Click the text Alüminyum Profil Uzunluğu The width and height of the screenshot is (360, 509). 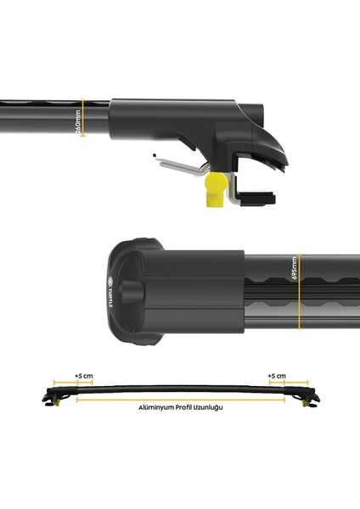[179, 408]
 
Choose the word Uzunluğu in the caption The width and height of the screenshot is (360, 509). [209, 408]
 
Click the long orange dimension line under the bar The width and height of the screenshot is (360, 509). [179, 397]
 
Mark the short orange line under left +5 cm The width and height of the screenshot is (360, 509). [65, 383]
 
